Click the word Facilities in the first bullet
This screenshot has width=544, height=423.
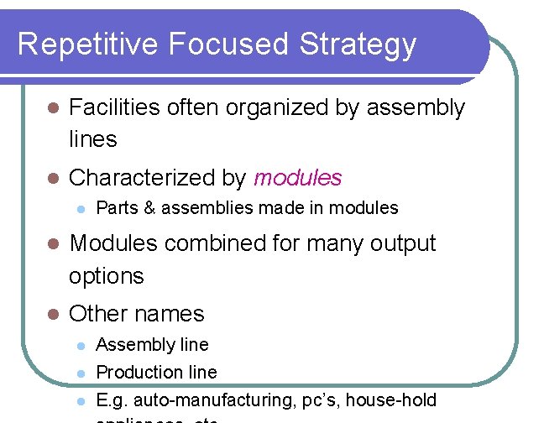(114, 107)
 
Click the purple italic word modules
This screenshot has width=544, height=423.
(297, 178)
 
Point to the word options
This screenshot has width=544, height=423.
(107, 275)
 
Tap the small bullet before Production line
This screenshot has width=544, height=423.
(81, 373)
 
